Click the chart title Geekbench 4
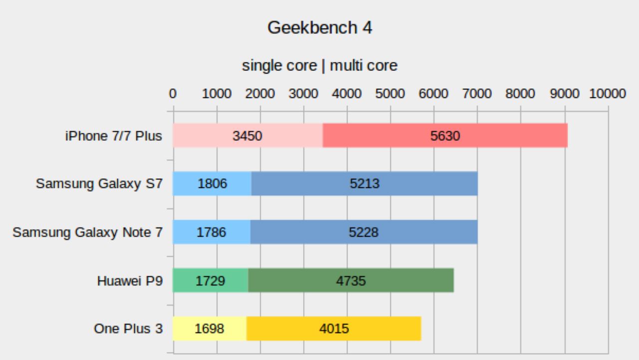click(319, 27)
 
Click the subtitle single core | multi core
click(319, 65)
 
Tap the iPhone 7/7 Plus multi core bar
click(445, 136)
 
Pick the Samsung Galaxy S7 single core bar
click(212, 184)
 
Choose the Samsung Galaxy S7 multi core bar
click(364, 184)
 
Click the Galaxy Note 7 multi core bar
click(364, 232)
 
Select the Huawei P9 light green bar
click(210, 281)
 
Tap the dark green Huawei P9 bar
click(351, 281)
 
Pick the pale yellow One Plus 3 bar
click(210, 329)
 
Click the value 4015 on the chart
click(334, 329)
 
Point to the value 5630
click(445, 136)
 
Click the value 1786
click(211, 232)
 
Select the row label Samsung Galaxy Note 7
click(87, 232)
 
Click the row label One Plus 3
click(128, 329)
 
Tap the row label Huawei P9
click(130, 281)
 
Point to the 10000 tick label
click(607, 94)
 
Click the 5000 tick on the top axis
click(390, 94)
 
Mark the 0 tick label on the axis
click(173, 94)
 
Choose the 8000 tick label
click(520, 94)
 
